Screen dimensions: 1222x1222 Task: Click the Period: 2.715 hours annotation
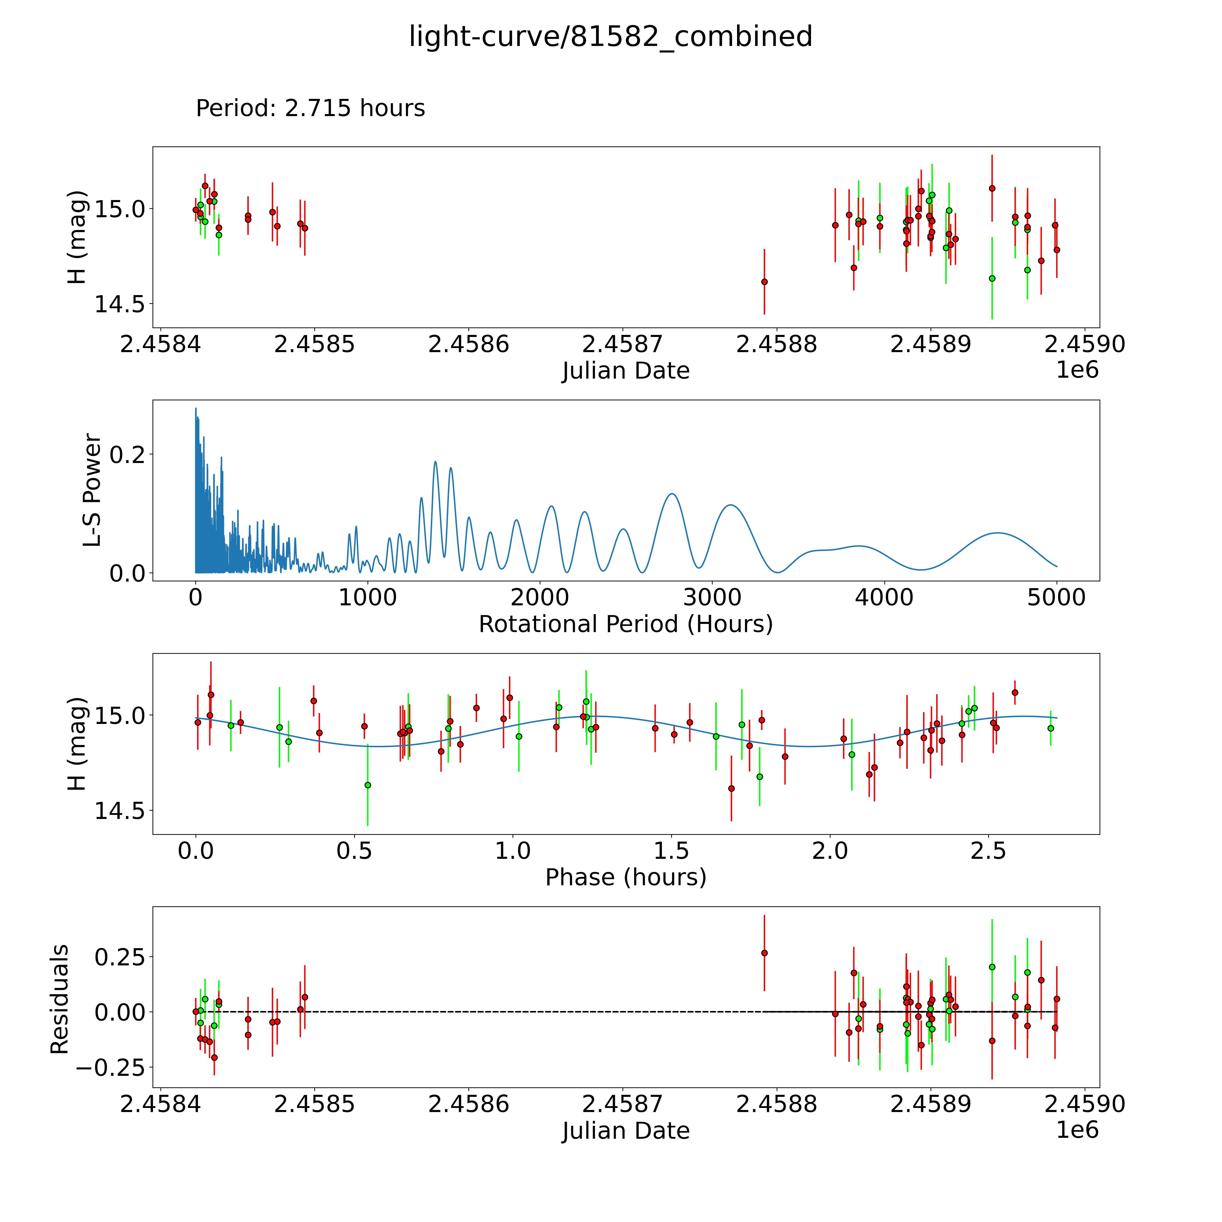pyautogui.click(x=310, y=108)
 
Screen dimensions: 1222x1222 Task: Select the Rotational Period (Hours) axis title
pyautogui.click(x=625, y=624)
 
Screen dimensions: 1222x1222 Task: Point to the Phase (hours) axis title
pyautogui.click(x=625, y=877)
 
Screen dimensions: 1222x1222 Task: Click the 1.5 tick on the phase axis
pyautogui.click(x=671, y=851)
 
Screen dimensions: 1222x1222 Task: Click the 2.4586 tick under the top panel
pyautogui.click(x=468, y=345)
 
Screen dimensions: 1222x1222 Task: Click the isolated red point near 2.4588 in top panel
pyautogui.click(x=764, y=282)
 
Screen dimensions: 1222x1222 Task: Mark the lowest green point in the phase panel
pyautogui.click(x=368, y=785)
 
